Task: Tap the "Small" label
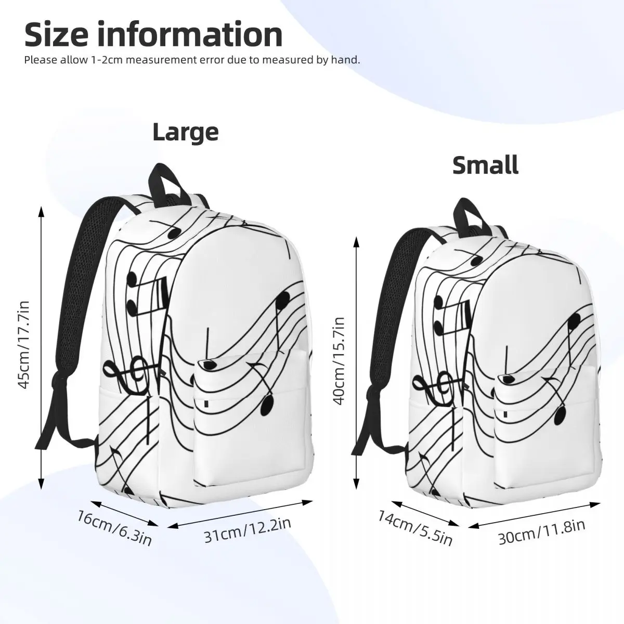(x=485, y=165)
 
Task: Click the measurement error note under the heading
(x=192, y=60)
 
